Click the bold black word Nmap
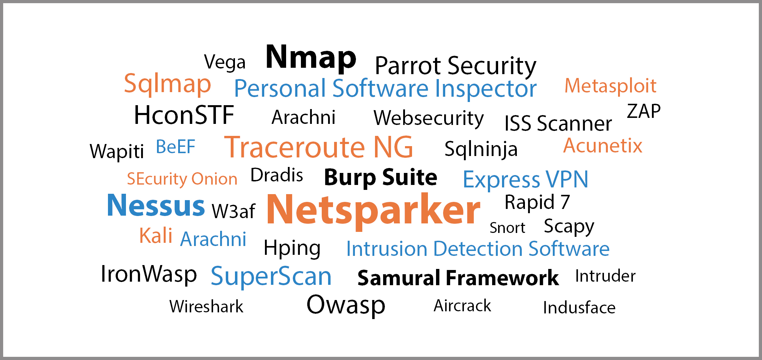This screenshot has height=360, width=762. tap(310, 57)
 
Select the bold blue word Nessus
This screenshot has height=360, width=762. tap(156, 205)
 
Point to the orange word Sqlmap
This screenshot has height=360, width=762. tap(167, 84)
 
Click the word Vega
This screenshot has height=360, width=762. tap(225, 62)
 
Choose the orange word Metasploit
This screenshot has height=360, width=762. tap(610, 86)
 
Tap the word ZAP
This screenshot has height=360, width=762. tap(643, 112)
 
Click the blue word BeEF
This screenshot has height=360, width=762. tap(175, 147)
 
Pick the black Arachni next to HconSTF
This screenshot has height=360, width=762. tap(303, 117)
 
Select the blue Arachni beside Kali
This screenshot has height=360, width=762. tap(213, 239)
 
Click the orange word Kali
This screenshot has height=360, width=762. tap(156, 236)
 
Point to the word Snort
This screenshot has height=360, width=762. tap(507, 228)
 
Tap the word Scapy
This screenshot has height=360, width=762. tap(569, 227)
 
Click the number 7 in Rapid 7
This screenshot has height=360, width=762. tap(565, 202)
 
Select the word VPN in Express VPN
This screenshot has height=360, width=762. tap(567, 179)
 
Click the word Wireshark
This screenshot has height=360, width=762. tap(206, 306)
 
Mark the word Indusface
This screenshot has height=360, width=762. tap(579, 307)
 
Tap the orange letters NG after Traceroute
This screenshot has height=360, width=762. tap(393, 147)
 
